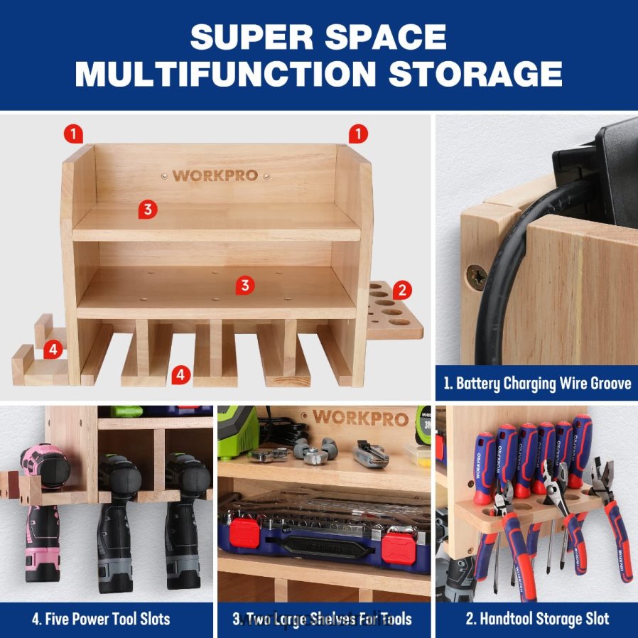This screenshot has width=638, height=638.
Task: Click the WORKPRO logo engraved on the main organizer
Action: tap(215, 175)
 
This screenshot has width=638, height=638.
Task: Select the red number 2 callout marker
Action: tap(402, 289)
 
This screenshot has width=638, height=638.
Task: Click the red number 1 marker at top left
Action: tap(73, 132)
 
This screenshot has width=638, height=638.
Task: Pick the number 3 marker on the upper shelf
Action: tap(146, 209)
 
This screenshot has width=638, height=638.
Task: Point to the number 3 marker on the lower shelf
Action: tap(245, 285)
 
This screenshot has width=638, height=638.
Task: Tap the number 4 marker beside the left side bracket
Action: tap(52, 349)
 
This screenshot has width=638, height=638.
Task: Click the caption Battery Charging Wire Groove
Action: tap(536, 384)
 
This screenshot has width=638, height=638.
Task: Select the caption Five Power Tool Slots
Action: tap(101, 618)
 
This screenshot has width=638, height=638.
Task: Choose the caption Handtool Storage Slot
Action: tap(544, 618)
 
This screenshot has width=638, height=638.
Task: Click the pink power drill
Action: tap(41, 512)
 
